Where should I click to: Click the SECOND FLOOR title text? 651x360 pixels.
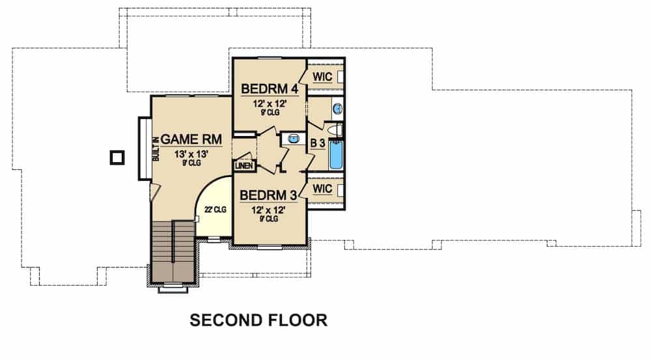258,320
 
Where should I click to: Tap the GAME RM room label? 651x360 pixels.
191,139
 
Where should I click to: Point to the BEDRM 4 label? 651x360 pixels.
269,88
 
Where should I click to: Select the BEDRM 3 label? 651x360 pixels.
269,195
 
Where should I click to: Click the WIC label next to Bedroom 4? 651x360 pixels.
322,77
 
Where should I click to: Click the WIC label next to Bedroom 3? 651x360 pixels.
322,189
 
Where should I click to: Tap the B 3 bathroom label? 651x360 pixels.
317,143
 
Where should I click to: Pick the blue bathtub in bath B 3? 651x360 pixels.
336,156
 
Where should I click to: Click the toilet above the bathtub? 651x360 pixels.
336,131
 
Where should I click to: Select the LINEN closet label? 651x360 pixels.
243,165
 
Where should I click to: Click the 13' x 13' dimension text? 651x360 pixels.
191,154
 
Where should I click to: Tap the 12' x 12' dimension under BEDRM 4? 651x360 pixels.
269,103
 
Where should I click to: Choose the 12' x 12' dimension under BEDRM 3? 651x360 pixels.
269,210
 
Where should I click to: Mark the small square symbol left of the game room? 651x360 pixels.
117,157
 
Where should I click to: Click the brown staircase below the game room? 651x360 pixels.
173,251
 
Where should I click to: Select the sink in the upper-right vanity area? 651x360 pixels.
337,108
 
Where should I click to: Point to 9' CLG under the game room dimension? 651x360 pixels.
191,163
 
